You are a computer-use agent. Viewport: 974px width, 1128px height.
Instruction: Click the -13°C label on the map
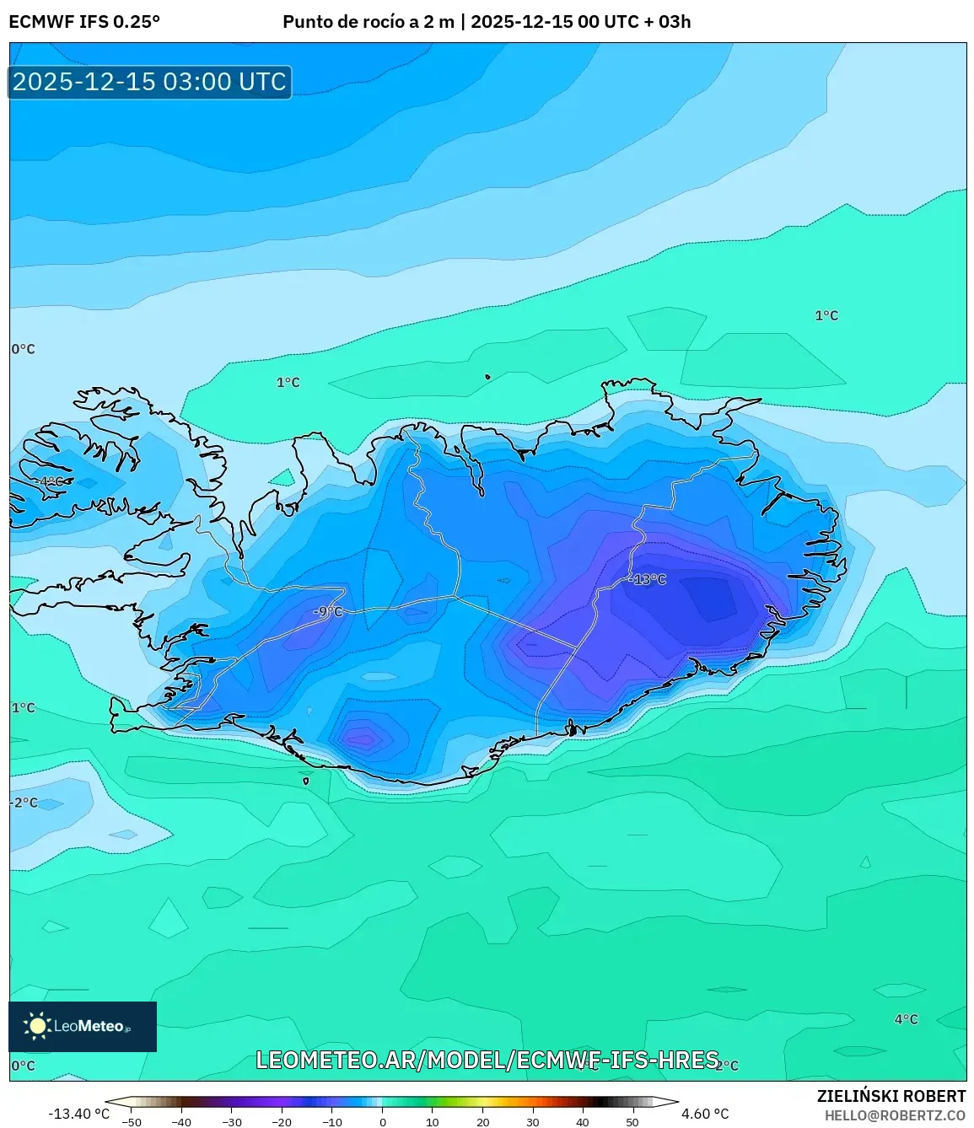[648, 579]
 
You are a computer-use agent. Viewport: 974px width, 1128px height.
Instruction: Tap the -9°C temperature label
[328, 611]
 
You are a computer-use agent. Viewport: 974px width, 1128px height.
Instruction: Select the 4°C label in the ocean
[906, 1019]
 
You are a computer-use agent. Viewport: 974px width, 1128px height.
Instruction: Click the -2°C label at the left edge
[24, 803]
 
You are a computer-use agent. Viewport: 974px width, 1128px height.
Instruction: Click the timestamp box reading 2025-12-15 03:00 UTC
[150, 82]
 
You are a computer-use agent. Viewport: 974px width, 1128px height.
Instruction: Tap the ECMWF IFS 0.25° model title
[84, 22]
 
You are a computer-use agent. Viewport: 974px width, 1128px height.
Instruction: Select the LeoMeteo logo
[83, 1026]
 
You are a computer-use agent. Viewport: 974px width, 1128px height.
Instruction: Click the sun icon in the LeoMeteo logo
[37, 1025]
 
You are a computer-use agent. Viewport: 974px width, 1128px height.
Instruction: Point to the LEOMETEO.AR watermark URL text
[487, 1060]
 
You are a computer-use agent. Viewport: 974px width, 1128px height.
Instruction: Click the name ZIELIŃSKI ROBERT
[891, 1096]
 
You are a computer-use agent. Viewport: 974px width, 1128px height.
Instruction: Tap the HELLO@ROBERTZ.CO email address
[895, 1115]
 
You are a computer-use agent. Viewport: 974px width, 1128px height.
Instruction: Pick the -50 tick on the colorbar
[132, 1122]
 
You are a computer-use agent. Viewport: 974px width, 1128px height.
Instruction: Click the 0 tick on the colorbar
[383, 1122]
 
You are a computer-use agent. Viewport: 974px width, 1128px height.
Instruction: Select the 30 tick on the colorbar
[533, 1122]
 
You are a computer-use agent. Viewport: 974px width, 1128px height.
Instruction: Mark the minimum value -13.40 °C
[79, 1114]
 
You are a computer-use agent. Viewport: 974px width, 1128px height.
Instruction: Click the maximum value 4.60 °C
[705, 1114]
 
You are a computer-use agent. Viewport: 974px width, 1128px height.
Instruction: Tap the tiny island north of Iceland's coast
[487, 377]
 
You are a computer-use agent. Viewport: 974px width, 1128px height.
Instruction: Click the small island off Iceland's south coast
[305, 781]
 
